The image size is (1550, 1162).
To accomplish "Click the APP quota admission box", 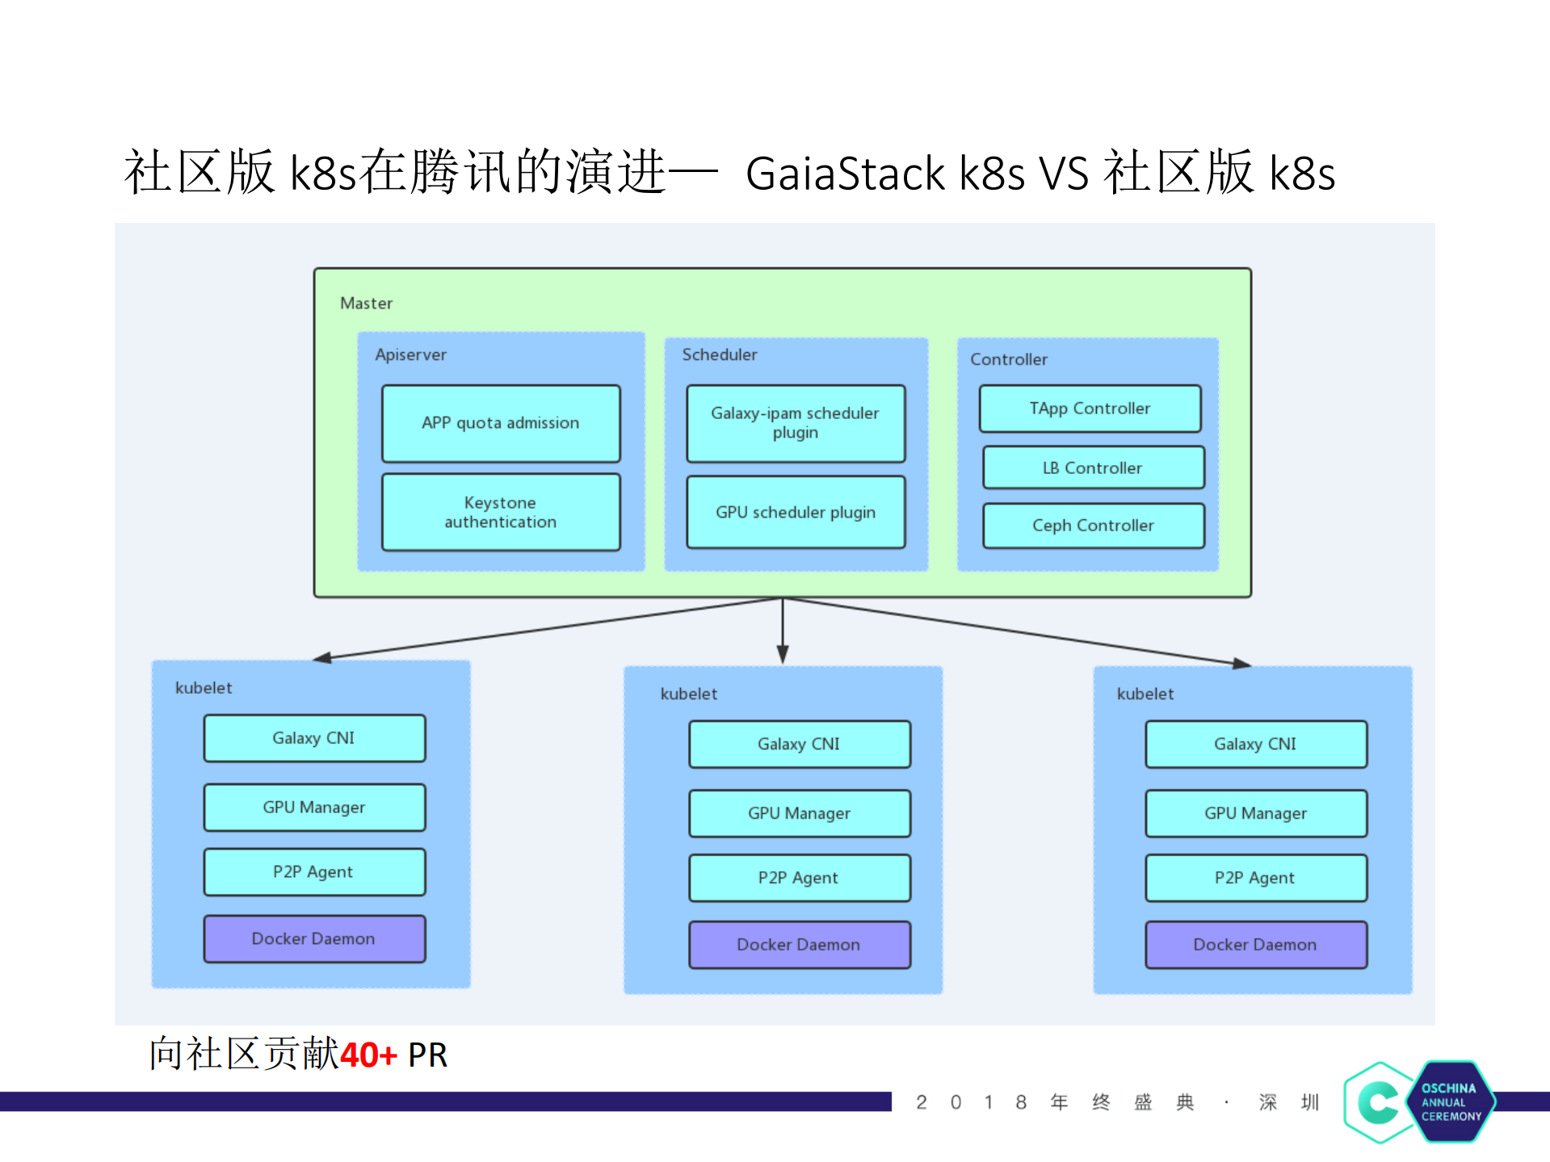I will point(501,423).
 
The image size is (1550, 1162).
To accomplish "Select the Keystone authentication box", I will point(501,512).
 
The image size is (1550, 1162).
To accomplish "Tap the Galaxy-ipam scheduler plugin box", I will point(796,423).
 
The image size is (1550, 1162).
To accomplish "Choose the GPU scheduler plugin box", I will point(796,512).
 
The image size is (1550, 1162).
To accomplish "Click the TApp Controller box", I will point(1090,409).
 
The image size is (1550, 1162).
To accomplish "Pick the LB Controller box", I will point(1093,468).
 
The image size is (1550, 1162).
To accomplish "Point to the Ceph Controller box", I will point(1093,526).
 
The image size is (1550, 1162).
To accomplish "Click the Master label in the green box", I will point(366,304).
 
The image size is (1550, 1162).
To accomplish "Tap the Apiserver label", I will point(410,354).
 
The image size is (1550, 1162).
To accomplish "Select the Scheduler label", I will point(719,354).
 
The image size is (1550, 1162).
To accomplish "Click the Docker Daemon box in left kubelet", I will point(314,938).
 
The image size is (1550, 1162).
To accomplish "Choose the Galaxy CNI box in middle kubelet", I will point(799,744).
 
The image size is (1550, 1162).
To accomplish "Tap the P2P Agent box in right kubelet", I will point(1255,878).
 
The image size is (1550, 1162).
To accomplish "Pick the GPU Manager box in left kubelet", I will point(314,808).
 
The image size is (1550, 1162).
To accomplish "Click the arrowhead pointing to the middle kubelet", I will point(783,654).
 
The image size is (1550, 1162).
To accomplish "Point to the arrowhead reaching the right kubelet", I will point(1242,664).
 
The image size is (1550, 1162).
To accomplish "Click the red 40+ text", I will point(368,1055).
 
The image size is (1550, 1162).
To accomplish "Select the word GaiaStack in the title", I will point(845,174).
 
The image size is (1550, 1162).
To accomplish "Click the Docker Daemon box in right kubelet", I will point(1255,945).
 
